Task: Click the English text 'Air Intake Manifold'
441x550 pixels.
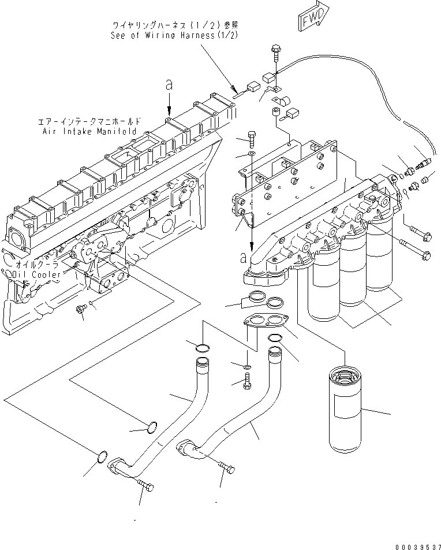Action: (89, 131)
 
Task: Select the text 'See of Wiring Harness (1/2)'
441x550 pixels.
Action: (174, 35)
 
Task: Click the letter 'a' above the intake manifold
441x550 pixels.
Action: (169, 85)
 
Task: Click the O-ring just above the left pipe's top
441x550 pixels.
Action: (203, 347)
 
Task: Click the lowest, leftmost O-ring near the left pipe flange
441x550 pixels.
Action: (102, 456)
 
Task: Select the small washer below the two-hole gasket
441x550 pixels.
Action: (248, 366)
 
